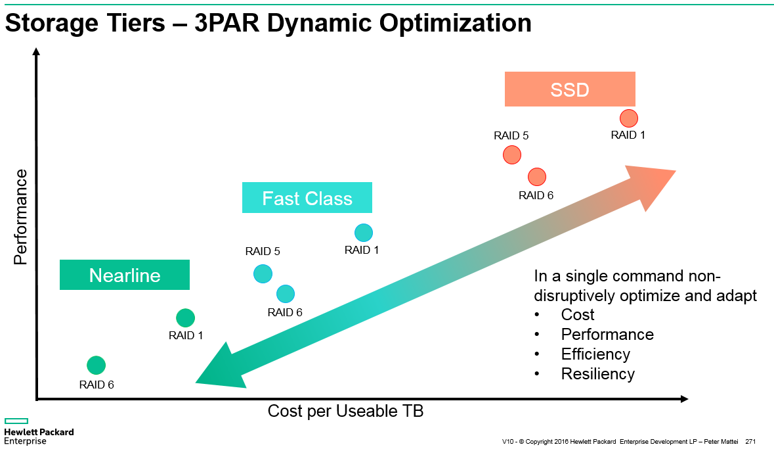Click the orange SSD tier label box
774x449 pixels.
pos(569,89)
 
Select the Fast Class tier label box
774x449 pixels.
pos(307,198)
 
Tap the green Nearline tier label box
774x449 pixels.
pos(124,275)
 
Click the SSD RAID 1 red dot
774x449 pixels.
pos(628,118)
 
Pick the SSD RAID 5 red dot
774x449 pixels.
pos(511,154)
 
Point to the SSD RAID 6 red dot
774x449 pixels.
pos(536,177)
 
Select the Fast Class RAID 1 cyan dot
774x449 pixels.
pos(363,232)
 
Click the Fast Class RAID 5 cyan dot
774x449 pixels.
pos(263,273)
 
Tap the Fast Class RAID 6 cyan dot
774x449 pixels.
pos(285,294)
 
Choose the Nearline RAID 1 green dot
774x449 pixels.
pos(185,318)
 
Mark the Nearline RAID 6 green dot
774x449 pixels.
pos(96,365)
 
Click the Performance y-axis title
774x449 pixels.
pos(21,217)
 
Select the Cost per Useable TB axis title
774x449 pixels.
pos(345,412)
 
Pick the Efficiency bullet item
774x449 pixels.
pos(595,354)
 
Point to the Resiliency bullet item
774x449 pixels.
pos(597,374)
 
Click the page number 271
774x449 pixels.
pos(751,440)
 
